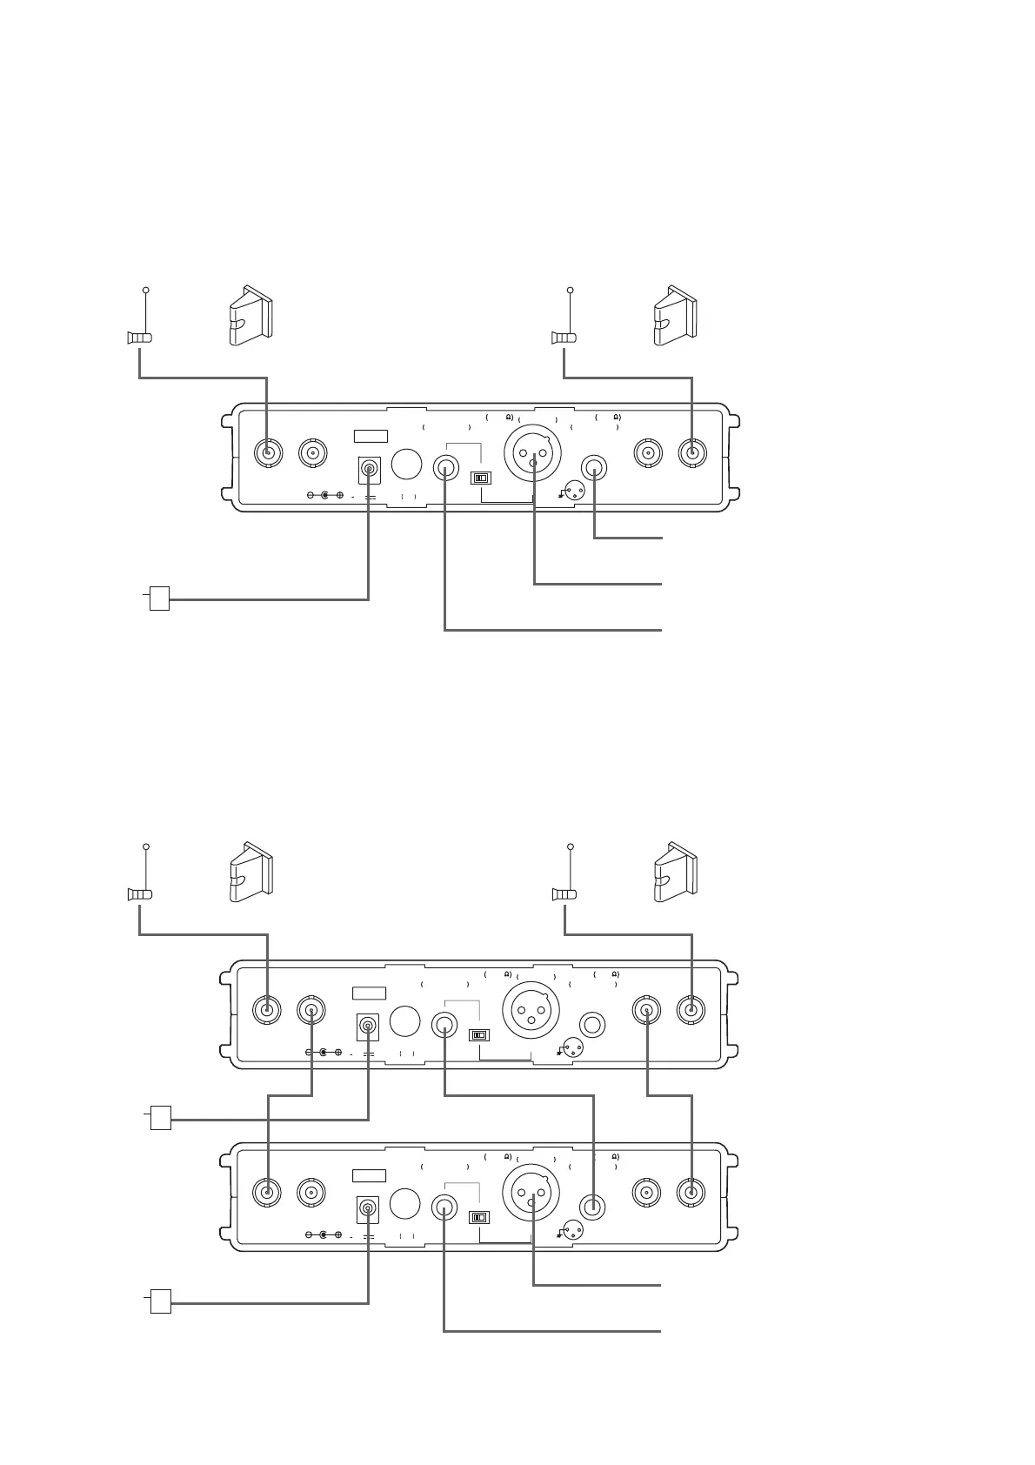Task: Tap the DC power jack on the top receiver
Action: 370,471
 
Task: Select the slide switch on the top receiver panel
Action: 481,478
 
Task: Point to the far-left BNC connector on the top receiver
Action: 267,452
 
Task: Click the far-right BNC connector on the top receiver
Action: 691,452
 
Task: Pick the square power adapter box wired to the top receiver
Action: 159,599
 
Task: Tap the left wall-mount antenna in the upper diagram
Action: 250,315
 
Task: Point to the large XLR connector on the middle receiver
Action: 531,1009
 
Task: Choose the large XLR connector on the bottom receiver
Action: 531,1191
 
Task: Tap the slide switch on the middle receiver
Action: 479,1035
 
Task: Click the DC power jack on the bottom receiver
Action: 369,1209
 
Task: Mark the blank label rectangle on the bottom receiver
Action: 369,1176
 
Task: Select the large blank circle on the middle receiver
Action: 404,1020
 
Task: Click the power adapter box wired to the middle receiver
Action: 160,1117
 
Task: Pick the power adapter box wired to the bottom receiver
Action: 160,1302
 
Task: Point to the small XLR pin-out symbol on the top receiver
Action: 573,490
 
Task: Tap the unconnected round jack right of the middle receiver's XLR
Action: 593,1025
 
